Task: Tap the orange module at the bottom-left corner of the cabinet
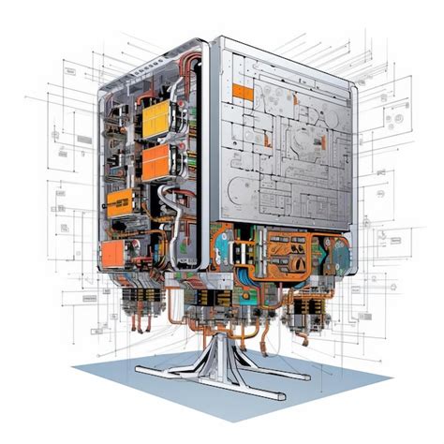pos(113,251)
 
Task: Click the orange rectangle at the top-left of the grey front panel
pos(241,91)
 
